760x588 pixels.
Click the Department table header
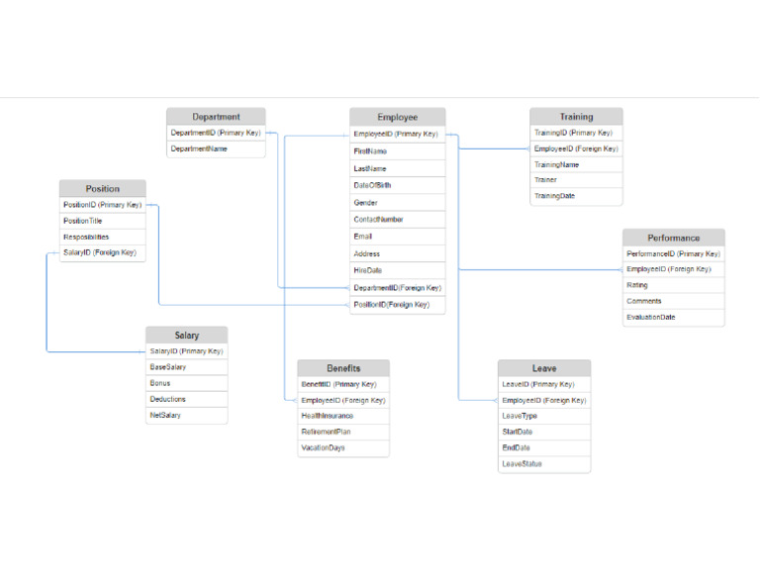(216, 117)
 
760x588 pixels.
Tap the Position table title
(102, 188)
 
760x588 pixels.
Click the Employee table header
(398, 118)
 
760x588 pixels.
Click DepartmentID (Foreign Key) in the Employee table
(398, 288)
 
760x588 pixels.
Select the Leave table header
(544, 368)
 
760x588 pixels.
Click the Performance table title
(674, 238)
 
